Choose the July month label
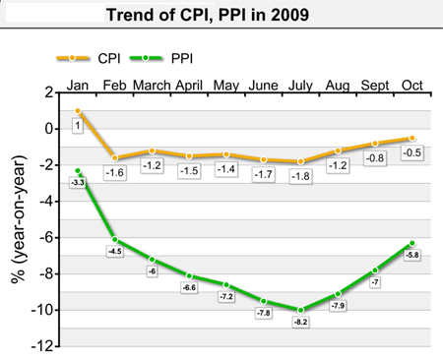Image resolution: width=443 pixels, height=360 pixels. [301, 86]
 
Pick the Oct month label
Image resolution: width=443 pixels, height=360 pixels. [412, 86]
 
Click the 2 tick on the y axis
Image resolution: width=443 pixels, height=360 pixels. [46, 92]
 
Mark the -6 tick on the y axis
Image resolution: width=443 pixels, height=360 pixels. [43, 237]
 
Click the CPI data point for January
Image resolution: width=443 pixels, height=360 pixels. [78, 111]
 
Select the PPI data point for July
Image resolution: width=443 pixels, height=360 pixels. [301, 310]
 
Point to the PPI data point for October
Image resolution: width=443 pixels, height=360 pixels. [412, 243]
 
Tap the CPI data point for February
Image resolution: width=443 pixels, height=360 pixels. [115, 157]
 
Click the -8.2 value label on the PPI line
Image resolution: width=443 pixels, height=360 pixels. [301, 322]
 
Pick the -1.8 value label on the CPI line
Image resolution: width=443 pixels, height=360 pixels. [301, 176]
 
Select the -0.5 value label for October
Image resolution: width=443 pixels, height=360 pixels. [412, 152]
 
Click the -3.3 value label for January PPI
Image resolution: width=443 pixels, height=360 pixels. [78, 183]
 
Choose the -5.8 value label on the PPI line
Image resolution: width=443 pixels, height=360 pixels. [412, 256]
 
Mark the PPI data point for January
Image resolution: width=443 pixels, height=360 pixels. [78, 170]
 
